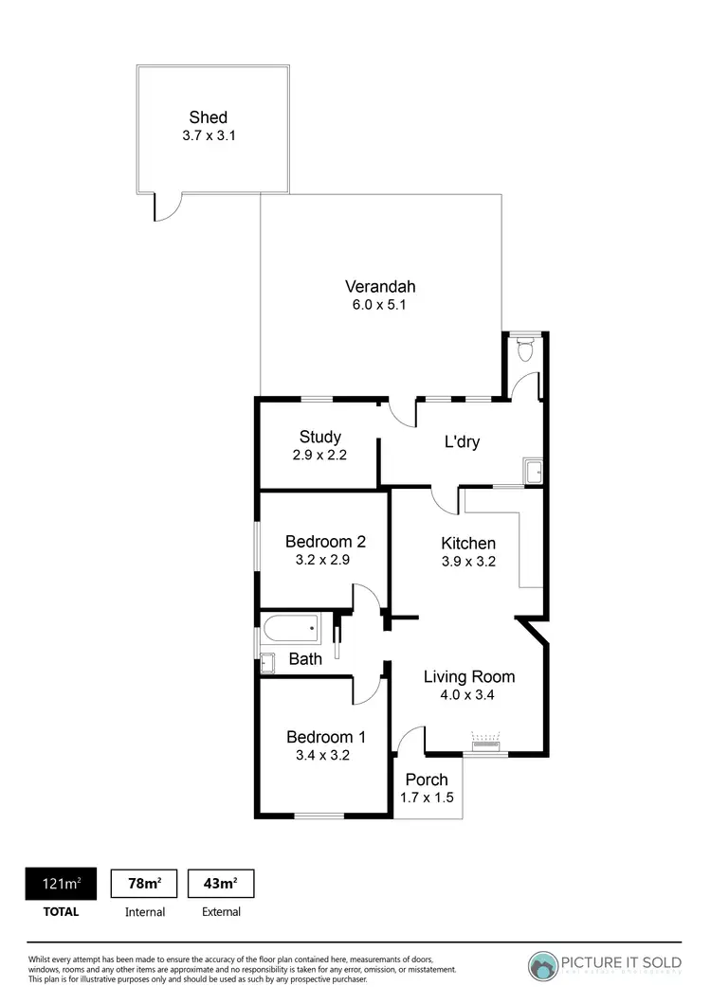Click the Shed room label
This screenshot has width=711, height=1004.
pos(208,117)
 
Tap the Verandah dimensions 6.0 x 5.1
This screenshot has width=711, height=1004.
pos(380,305)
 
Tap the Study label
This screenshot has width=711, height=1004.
pos(319,437)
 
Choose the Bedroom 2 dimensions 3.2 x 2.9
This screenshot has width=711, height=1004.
pos(325,561)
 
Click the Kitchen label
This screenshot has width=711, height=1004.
pos(468,543)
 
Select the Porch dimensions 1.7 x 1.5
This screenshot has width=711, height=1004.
pos(427,798)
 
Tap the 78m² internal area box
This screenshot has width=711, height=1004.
pos(144,884)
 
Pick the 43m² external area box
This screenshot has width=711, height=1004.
pos(221,884)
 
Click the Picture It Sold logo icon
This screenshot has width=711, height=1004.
pos(543,964)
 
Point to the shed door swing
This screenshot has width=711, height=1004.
pos(165,208)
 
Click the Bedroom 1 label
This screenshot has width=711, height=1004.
pos(325,737)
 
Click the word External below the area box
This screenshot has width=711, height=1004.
pos(221,912)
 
